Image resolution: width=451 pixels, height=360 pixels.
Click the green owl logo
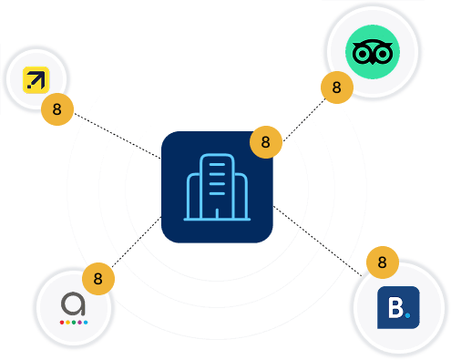point(373,52)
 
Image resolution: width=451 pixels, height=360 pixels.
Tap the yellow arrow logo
point(36,80)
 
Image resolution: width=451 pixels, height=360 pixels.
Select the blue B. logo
point(398,307)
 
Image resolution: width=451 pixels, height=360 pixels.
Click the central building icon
point(217,187)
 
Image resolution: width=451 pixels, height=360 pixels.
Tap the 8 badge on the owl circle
point(337,87)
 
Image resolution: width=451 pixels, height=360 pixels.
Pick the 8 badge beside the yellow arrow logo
point(57,109)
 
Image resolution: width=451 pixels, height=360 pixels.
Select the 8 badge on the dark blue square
point(266,142)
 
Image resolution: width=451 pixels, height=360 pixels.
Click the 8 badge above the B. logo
point(383,262)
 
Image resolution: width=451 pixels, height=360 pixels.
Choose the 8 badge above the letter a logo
point(98,279)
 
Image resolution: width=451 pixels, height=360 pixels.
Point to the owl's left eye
point(362,54)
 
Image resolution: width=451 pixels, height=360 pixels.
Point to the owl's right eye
point(383,54)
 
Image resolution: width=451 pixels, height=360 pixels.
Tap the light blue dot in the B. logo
point(407,315)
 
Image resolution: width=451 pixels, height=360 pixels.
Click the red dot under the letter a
point(62,323)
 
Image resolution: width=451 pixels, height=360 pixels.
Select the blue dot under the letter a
point(86,323)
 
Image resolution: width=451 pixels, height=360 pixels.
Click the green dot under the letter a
point(74,323)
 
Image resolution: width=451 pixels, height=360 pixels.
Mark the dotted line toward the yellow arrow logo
point(118,136)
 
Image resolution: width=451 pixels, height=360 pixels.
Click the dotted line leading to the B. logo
point(318,241)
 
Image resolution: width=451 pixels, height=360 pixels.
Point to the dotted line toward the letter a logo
point(137,242)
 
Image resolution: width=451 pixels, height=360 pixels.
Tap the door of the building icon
point(217,213)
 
